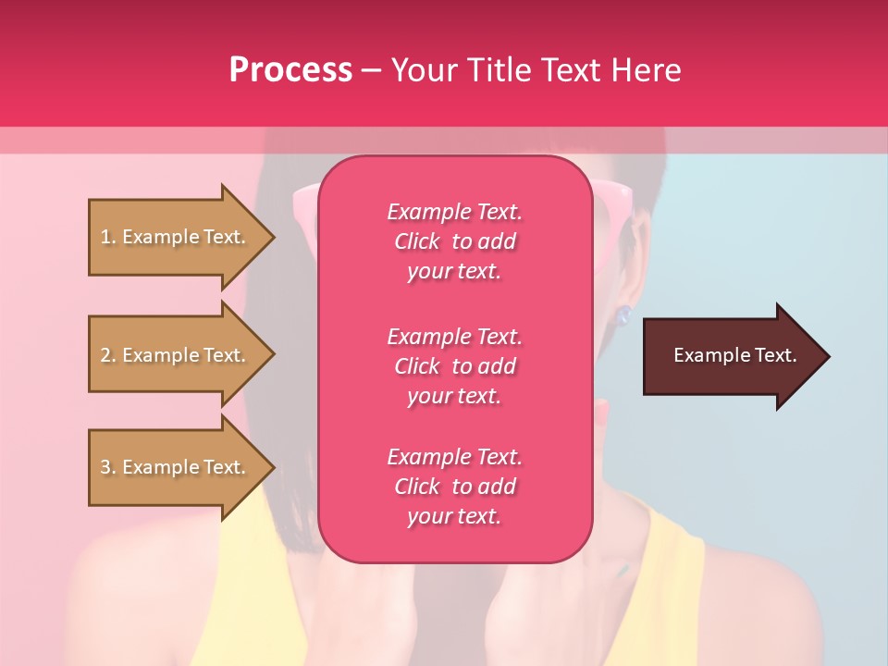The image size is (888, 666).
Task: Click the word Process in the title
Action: (x=290, y=70)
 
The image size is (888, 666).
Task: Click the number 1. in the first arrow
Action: (x=108, y=238)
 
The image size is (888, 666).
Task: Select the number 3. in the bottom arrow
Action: (x=108, y=468)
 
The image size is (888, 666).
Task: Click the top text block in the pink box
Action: (x=454, y=241)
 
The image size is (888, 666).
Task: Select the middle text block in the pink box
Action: (x=454, y=366)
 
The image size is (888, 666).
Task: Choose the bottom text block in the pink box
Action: (x=454, y=487)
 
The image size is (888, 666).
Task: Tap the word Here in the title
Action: (x=647, y=70)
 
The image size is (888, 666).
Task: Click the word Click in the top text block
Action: (x=417, y=241)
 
